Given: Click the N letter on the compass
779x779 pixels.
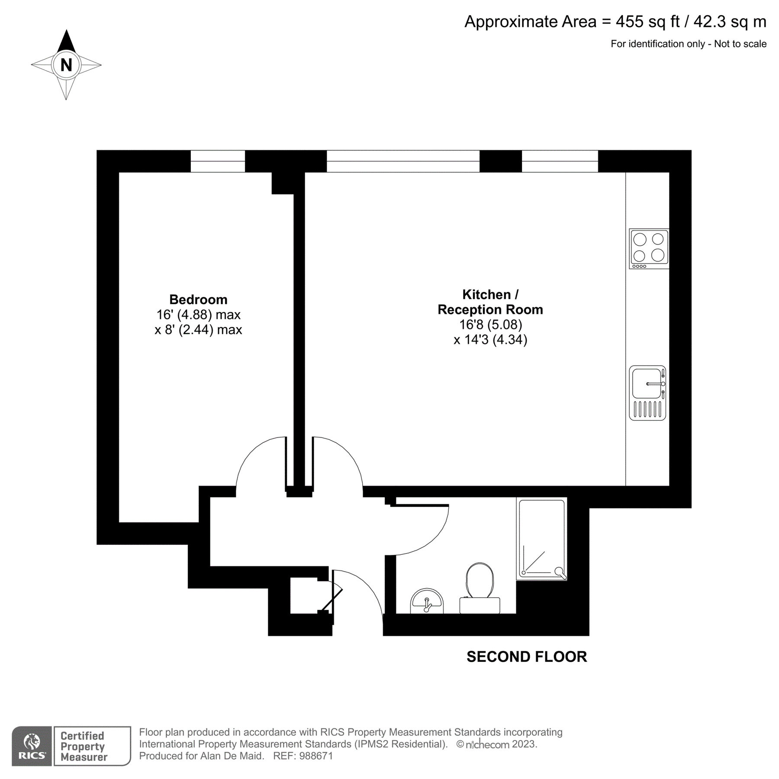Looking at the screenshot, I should [66, 65].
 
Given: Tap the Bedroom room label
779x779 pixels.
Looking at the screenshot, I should [198, 299].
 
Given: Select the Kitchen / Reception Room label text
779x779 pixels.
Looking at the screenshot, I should [490, 302].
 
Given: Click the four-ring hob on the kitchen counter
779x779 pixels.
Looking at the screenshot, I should [649, 249].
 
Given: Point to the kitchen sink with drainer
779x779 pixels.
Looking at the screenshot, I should [647, 393].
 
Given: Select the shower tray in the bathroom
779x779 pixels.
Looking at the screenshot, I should [542, 539].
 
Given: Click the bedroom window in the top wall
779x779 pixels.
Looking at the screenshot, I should [218, 161].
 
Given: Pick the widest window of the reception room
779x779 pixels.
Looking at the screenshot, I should [403, 161].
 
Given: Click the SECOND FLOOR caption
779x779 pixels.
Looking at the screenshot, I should [527, 657].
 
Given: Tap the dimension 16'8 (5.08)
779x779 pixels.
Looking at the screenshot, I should [490, 325].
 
